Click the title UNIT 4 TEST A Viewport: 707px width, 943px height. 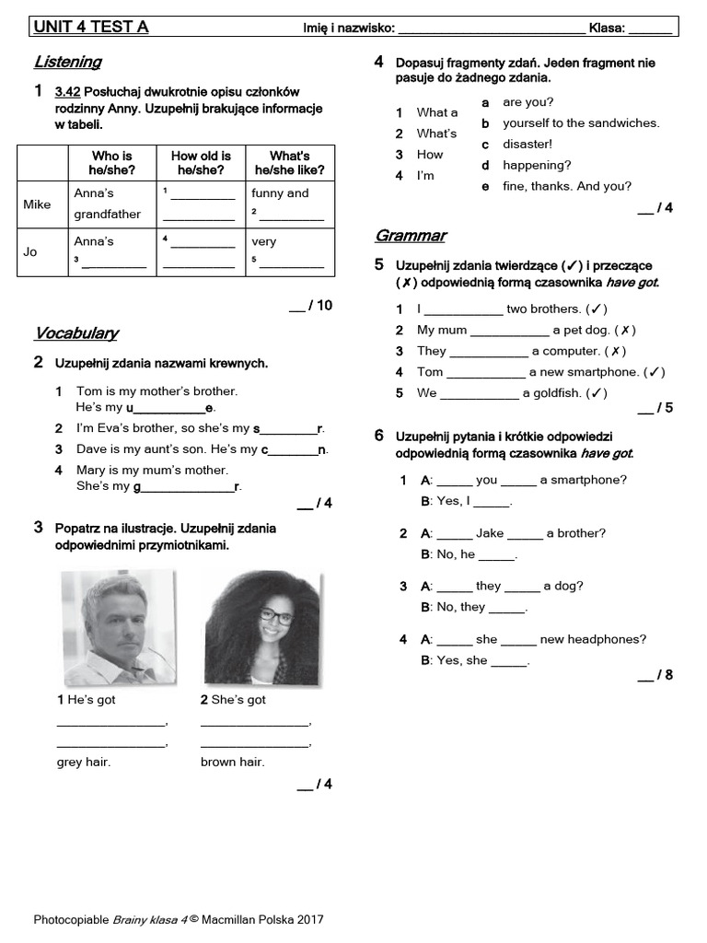[x=91, y=27]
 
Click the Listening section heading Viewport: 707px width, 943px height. [x=67, y=62]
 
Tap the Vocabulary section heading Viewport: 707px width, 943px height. [x=75, y=332]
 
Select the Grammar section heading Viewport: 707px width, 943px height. [x=410, y=235]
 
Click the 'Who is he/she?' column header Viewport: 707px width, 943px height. [x=111, y=163]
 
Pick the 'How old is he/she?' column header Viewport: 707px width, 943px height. [x=201, y=163]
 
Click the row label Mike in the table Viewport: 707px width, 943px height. [x=37, y=204]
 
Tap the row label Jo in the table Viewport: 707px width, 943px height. [x=30, y=251]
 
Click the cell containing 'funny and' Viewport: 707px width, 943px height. [x=280, y=193]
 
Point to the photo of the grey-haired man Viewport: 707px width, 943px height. [x=119, y=628]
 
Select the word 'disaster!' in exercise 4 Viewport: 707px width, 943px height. [x=527, y=145]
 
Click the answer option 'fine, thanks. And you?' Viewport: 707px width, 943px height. [x=567, y=186]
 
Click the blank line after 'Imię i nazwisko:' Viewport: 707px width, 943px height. [x=492, y=29]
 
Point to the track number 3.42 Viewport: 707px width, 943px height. [x=68, y=92]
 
